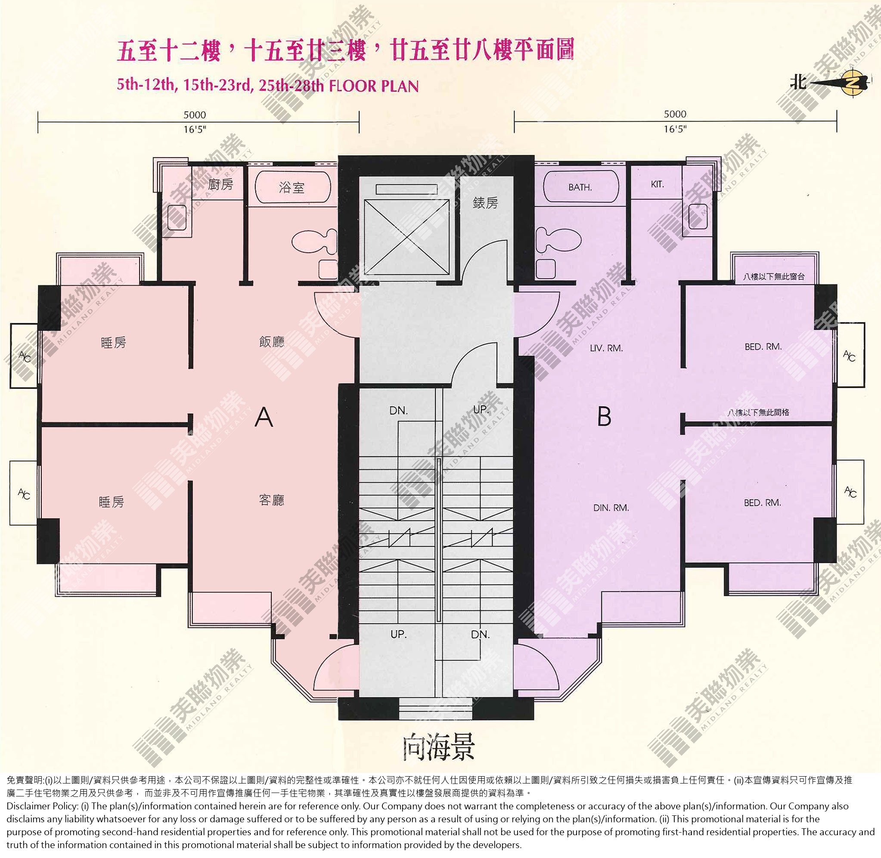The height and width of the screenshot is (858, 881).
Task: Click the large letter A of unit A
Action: tap(264, 416)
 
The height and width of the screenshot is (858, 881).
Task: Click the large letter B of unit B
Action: tap(604, 416)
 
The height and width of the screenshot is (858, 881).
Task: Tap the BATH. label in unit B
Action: tap(580, 187)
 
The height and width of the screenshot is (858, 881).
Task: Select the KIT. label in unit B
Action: tap(657, 184)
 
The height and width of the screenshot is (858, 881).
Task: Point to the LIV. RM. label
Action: tap(606, 348)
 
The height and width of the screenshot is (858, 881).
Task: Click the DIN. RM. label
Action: tap(611, 508)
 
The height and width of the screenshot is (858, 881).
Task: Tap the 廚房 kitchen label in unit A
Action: tap(220, 184)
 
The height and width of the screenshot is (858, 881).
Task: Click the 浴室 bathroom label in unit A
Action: tap(292, 187)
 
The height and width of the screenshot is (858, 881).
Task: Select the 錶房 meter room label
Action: tap(485, 203)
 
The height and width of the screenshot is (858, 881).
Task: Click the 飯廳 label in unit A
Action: tap(272, 342)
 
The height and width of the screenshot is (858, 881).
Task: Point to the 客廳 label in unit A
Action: tap(272, 500)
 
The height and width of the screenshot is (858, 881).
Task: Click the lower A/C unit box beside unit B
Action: tap(850, 492)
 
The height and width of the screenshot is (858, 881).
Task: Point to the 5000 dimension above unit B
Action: tap(675, 114)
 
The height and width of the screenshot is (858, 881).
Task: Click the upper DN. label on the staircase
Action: tap(398, 411)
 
